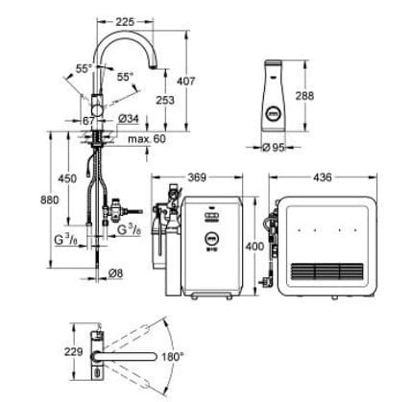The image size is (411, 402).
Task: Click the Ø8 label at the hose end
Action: point(116,274)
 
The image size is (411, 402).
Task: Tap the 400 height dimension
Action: point(254,247)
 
